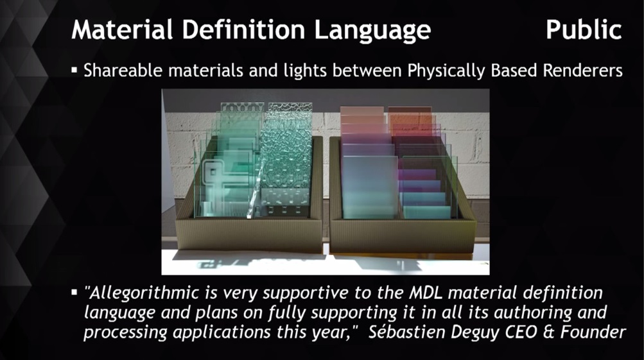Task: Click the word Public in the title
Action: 584,30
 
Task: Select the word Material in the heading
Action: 122,30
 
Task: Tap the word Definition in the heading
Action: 244,30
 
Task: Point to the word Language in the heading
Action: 372,31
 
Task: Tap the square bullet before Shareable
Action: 74,70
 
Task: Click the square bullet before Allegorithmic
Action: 74,293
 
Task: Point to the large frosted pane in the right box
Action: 369,187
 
